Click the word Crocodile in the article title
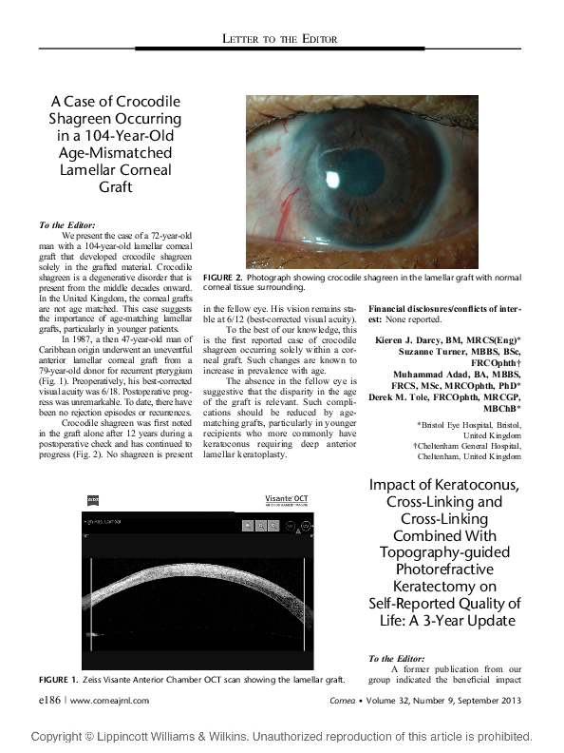pyautogui.click(x=141, y=101)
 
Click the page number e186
pyautogui.click(x=47, y=700)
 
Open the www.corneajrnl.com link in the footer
pyautogui.click(x=108, y=700)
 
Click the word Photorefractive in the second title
pyautogui.click(x=444, y=570)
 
